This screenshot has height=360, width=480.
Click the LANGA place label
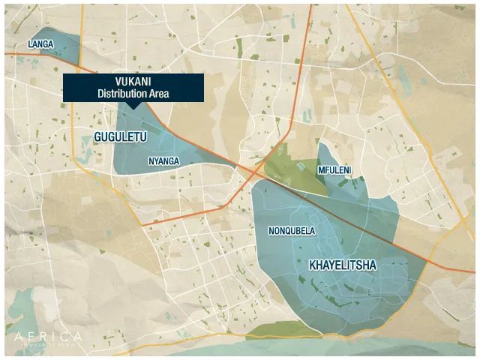40,45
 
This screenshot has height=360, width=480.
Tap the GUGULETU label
120,137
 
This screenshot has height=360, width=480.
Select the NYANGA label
163,161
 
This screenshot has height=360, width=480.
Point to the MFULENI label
334,171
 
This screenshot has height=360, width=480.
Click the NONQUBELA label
292,231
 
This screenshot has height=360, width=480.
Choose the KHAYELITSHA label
343,265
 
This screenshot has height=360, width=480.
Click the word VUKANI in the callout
133,82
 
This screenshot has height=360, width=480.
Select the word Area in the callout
159,94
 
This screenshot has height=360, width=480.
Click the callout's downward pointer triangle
133,105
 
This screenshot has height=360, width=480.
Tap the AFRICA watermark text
48,337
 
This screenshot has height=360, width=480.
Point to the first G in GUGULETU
98,137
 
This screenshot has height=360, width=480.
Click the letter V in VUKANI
118,82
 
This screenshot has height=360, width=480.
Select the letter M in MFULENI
322,171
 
